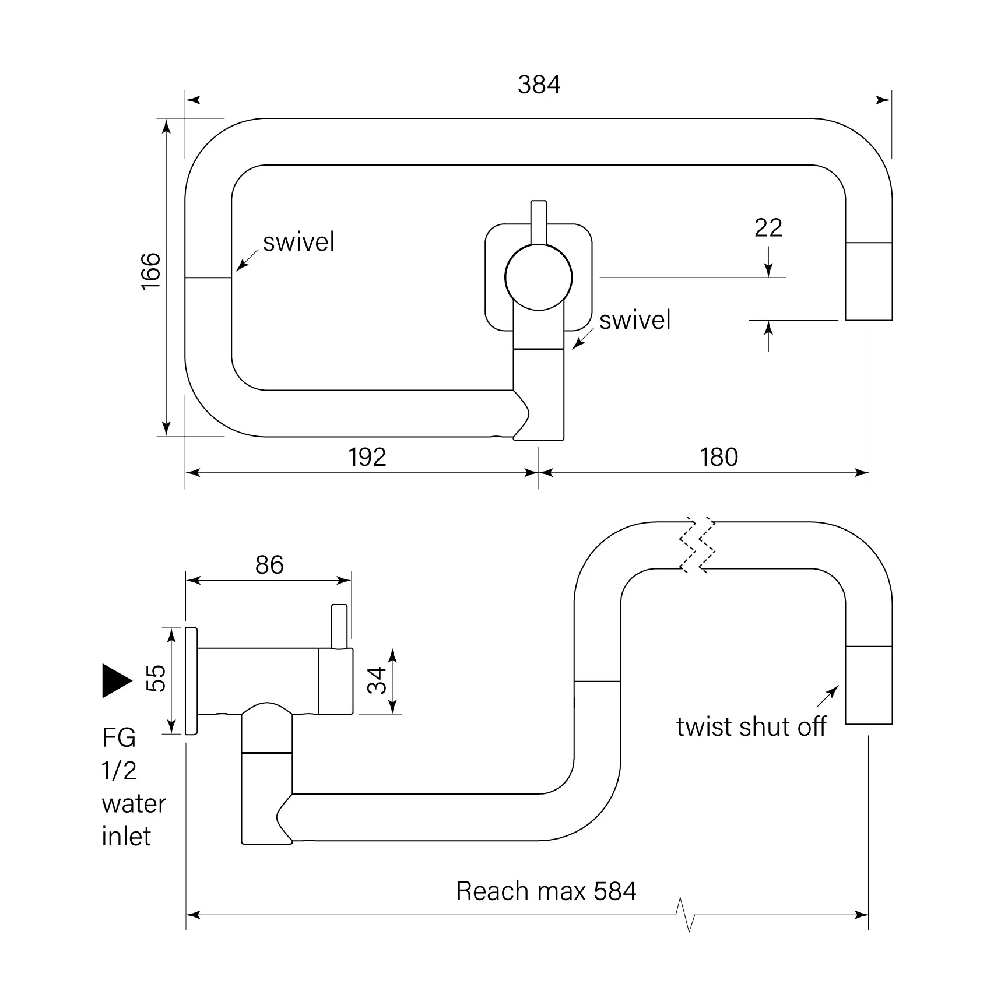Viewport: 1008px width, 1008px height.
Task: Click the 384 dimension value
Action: (539, 85)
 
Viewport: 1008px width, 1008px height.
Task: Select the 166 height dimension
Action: (151, 271)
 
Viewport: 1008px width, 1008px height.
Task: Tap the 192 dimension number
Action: (367, 457)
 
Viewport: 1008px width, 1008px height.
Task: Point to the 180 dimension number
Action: (719, 457)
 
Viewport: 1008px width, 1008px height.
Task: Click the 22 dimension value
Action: (768, 228)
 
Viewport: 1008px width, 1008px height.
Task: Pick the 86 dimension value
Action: (269, 565)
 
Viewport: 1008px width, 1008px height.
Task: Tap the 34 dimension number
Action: (377, 680)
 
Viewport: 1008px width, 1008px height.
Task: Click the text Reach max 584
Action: (546, 891)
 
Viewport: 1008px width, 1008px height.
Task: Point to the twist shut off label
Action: (751, 727)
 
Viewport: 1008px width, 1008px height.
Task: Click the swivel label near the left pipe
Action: (298, 242)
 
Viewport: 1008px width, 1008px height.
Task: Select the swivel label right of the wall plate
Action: (635, 320)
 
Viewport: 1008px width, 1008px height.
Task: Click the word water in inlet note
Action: (134, 804)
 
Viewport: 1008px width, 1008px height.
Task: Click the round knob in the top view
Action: (538, 278)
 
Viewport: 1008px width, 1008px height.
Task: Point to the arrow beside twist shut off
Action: (828, 696)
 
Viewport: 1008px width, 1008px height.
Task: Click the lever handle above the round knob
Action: (539, 222)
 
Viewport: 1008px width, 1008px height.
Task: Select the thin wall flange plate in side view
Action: (191, 681)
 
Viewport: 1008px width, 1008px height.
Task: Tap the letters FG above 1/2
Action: (118, 738)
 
